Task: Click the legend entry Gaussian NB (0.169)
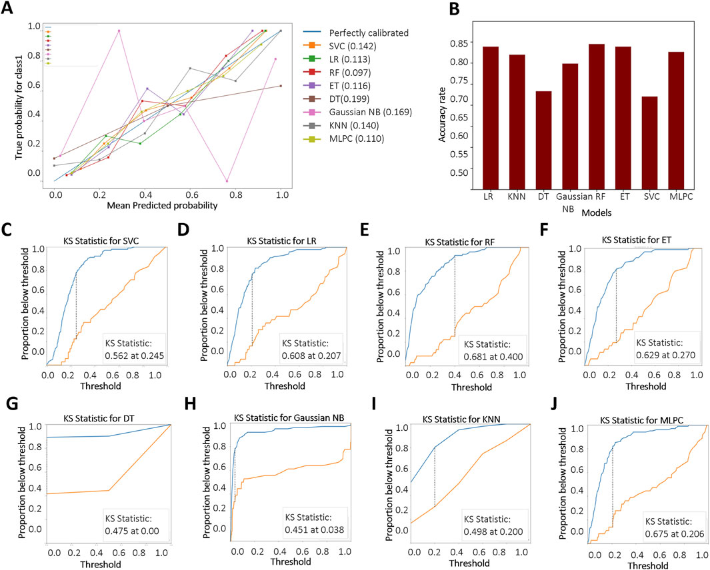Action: [368, 112]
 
